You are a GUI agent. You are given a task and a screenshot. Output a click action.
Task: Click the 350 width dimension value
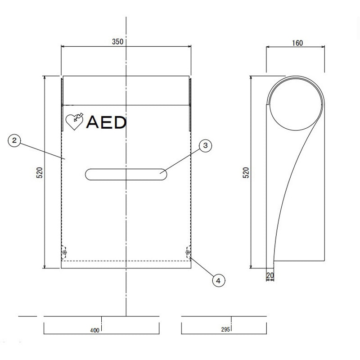coord(117,41)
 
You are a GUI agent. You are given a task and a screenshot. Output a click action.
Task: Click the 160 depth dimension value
coord(297,43)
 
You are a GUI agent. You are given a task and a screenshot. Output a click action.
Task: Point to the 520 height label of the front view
coord(40,173)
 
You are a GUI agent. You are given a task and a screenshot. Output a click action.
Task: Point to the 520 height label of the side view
coord(246,173)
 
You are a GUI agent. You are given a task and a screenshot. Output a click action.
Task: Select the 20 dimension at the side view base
coord(270,275)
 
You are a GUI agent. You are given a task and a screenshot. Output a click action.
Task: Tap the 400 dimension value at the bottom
coord(94,330)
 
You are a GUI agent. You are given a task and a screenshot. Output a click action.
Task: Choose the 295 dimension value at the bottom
coord(225,329)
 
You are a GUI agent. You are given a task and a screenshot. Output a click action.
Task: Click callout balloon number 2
coord(14,140)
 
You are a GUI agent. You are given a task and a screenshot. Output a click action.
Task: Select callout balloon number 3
coord(205,145)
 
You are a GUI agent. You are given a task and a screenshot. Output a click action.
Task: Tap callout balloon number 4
coord(219,280)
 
